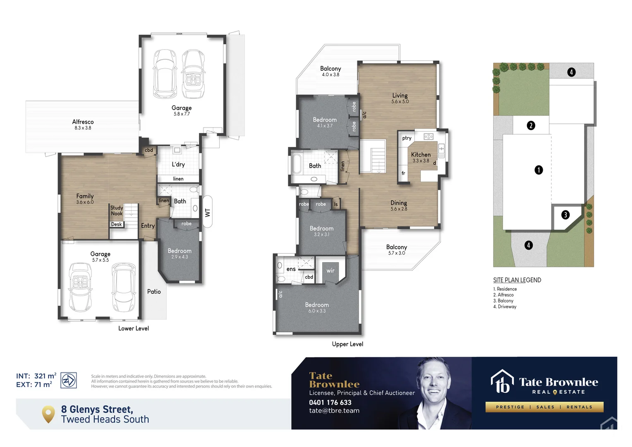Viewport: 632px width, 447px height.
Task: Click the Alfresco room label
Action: point(83,122)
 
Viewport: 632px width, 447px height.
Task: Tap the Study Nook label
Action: point(117,211)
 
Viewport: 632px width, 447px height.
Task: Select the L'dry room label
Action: point(178,164)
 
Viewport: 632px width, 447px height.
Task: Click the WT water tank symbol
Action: point(208,212)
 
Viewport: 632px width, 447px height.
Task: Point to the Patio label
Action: point(154,292)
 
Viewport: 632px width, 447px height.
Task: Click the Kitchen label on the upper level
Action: point(421,155)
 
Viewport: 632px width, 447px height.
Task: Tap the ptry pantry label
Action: point(407,138)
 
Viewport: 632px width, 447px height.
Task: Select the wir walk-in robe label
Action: point(330,271)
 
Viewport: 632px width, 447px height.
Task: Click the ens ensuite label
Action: point(291,269)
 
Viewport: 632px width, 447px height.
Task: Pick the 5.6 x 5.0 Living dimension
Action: point(400,102)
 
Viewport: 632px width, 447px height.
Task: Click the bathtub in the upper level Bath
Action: point(297,163)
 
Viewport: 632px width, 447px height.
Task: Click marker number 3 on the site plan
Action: point(565,215)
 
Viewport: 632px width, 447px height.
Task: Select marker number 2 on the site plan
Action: point(531,125)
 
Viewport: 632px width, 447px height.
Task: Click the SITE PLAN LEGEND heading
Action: point(517,280)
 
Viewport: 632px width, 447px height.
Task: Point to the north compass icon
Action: point(69,380)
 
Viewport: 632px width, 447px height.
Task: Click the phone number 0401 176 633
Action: point(330,402)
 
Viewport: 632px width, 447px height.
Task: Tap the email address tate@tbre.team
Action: point(334,411)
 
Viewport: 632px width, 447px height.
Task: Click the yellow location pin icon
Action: point(48,413)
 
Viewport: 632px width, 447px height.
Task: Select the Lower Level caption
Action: point(134,329)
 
